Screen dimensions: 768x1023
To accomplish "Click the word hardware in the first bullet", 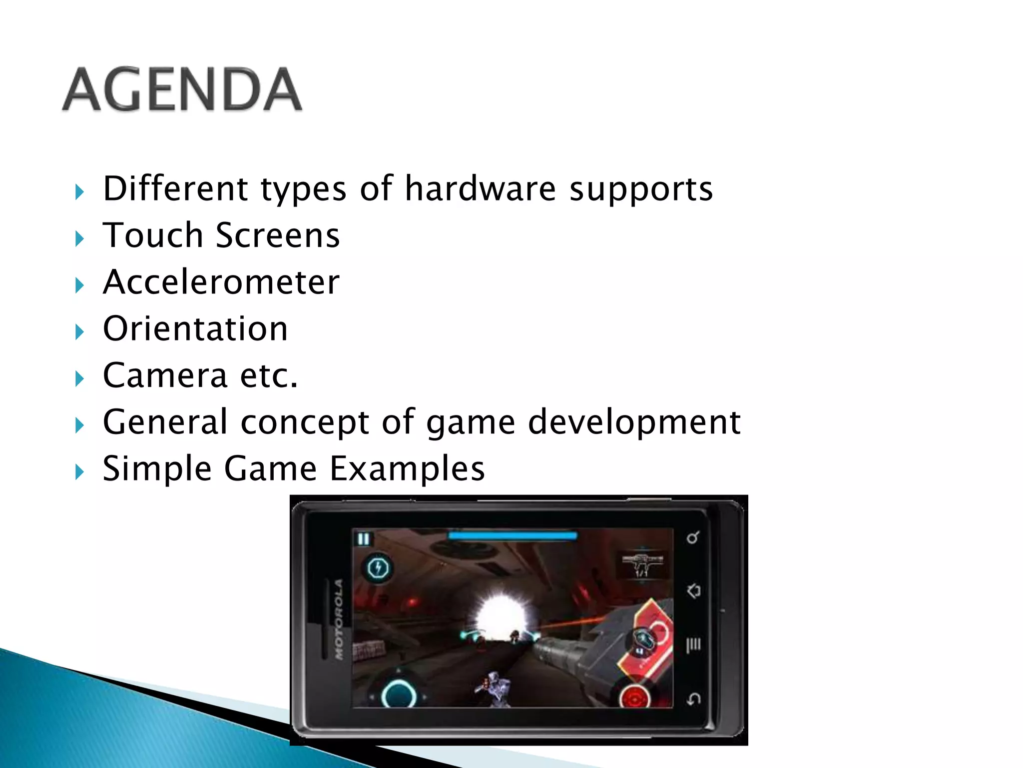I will [x=480, y=189].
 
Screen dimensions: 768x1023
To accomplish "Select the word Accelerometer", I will [x=221, y=282].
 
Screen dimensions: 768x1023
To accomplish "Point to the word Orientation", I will [x=195, y=329].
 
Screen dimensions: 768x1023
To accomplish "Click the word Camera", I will [x=165, y=375].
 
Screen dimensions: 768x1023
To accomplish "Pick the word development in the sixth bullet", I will [x=634, y=422].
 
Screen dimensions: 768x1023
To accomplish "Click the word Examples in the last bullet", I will [x=407, y=469].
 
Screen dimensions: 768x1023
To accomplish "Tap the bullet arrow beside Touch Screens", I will [x=79, y=238].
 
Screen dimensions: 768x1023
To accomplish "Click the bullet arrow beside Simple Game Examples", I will [x=79, y=472].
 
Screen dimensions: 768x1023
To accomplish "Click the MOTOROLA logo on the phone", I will [x=339, y=619].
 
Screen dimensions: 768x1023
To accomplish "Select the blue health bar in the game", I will [x=512, y=536].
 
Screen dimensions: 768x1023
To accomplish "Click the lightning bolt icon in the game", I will [x=378, y=567].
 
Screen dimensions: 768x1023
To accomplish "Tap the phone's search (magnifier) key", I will [x=693, y=538].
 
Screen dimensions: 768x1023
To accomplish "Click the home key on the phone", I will [x=693, y=591].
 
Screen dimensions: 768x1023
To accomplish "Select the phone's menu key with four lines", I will [x=693, y=645].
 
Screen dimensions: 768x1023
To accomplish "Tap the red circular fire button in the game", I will [x=635, y=697].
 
